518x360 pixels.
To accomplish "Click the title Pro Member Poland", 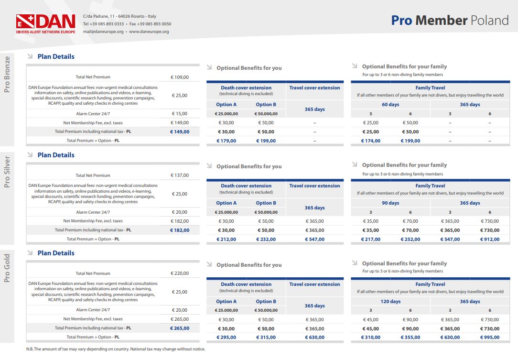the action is [450, 21].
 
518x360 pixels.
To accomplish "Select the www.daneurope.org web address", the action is [149, 32].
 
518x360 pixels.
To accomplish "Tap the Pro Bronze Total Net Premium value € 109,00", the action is [180, 77].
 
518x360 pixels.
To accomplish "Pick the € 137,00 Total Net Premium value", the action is [180, 175].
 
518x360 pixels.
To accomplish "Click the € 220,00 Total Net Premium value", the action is [180, 273].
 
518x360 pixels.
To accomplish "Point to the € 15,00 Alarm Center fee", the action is [180, 114].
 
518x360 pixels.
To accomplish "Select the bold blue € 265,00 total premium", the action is [180, 328].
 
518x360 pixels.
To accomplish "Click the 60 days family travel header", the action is [390, 105].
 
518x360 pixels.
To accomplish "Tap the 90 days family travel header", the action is [390, 203].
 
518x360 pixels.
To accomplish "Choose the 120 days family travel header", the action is [390, 302].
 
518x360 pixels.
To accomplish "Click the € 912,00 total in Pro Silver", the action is [490, 240].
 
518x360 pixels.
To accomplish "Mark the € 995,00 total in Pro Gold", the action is [490, 338].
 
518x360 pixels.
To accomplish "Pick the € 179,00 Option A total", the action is [227, 141].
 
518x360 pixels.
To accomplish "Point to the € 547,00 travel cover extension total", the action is [314, 240].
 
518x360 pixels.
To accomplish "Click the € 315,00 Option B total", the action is [266, 338].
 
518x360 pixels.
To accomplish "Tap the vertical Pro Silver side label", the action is [7, 172].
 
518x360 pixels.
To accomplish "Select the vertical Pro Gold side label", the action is [7, 268].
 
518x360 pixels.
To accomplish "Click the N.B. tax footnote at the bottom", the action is [116, 349].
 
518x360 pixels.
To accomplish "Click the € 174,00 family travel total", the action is [371, 141].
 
